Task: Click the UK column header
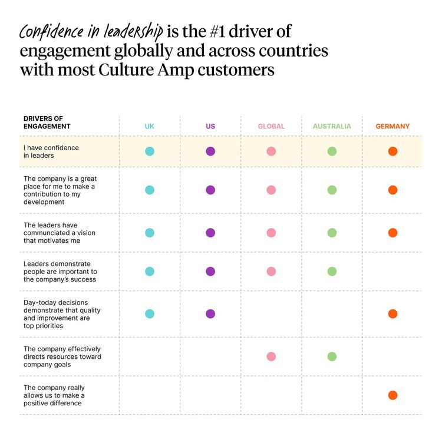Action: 150,126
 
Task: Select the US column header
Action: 210,126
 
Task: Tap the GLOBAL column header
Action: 271,126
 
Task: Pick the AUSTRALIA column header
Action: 332,126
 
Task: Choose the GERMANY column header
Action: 392,126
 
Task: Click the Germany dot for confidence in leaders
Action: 392,151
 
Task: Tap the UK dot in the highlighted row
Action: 150,151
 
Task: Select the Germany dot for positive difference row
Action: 392,395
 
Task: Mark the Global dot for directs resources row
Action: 271,356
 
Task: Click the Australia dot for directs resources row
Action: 332,356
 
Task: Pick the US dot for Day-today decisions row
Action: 210,313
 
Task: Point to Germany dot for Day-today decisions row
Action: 392,313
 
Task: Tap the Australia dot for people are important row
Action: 332,272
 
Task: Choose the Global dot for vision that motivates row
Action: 271,233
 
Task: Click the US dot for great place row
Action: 210,190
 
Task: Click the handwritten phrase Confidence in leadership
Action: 91,31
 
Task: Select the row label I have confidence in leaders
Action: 51,151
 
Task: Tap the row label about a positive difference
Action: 54,395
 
